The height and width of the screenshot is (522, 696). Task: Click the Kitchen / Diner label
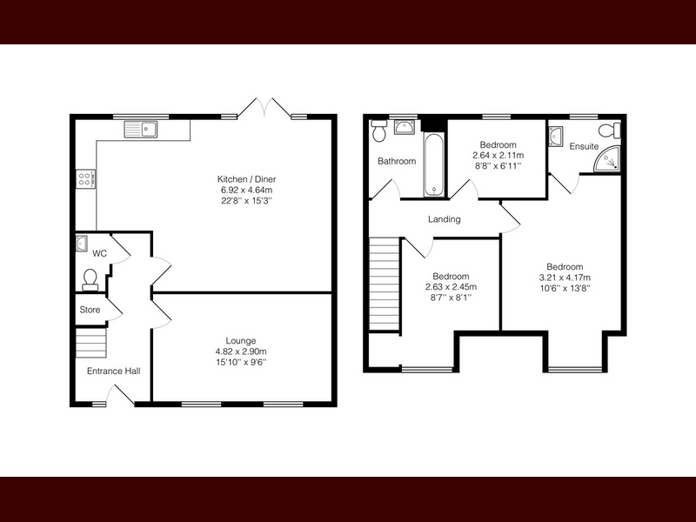click(246, 179)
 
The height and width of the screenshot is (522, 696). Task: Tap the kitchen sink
click(140, 129)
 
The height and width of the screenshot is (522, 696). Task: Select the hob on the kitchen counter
click(85, 179)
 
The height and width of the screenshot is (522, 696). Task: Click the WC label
click(99, 253)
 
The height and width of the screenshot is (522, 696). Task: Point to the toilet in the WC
click(90, 279)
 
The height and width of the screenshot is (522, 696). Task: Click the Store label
click(90, 310)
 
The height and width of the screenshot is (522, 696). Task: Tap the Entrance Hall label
click(113, 371)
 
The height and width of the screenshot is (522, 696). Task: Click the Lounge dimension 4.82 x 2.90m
click(241, 351)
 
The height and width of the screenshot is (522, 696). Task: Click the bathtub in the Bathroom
click(433, 164)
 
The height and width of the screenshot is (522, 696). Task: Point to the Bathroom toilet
click(378, 130)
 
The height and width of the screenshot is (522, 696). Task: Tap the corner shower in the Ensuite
click(606, 158)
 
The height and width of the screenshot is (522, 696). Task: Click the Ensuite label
click(584, 146)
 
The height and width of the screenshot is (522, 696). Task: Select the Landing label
click(445, 219)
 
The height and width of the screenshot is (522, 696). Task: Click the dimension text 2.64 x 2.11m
click(498, 156)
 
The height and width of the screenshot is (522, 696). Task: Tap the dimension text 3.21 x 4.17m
click(565, 278)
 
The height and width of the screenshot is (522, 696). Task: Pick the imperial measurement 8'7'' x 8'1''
click(451, 298)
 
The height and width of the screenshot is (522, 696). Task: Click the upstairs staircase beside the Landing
click(385, 284)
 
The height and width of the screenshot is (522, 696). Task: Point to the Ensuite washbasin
click(556, 136)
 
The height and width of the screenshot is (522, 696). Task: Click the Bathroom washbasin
click(405, 127)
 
